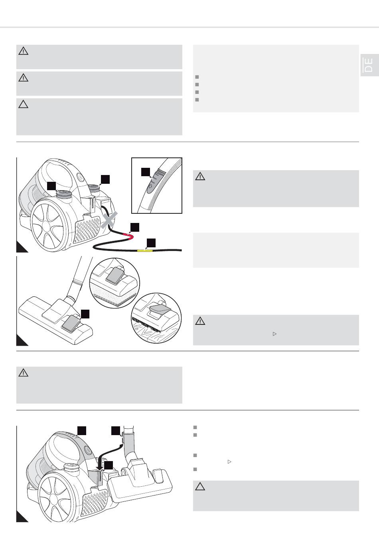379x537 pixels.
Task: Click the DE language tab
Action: tap(370, 65)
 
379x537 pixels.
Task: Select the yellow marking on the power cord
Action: tap(144, 251)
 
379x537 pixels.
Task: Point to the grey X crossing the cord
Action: tap(109, 220)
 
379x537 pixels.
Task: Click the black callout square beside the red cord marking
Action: tap(135, 227)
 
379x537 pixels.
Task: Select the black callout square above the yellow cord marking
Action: tap(151, 243)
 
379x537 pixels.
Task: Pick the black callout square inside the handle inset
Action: tap(146, 172)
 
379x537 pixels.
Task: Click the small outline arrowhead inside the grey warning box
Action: tap(274, 334)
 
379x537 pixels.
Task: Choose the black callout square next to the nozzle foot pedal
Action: tap(85, 314)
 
